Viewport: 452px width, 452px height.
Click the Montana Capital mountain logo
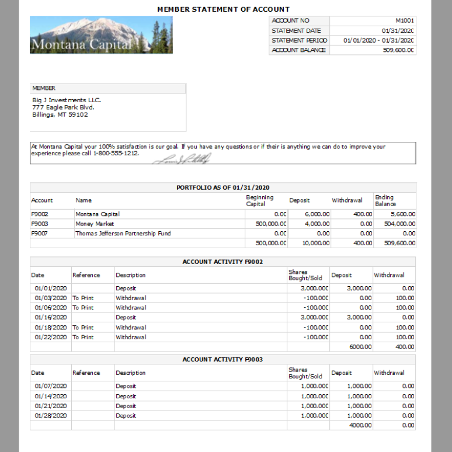pos(101,35)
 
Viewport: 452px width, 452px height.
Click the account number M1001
pos(404,20)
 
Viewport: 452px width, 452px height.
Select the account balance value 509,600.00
pos(399,50)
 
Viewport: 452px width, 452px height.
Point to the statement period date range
pos(378,40)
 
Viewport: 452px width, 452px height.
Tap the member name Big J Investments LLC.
pos(67,100)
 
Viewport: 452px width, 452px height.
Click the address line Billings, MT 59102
pos(60,115)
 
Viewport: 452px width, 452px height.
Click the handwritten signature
pos(180,158)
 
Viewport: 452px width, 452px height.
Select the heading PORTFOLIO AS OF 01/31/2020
pos(223,187)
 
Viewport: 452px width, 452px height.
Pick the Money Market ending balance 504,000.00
pos(399,224)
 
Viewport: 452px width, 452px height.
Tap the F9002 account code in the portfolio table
pos(40,214)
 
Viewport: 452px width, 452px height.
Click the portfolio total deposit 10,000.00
pos(317,244)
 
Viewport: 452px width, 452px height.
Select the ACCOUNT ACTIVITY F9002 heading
pos(223,262)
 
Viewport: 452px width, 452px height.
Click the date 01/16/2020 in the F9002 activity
pos(51,318)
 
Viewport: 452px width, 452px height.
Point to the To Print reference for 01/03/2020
pos(83,298)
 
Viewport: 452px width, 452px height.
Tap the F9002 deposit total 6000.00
pos(360,347)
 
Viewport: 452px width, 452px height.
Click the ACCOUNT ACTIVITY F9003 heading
pos(223,360)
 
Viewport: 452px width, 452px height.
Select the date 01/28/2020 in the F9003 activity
pos(51,416)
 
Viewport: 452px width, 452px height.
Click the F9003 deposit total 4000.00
pos(360,426)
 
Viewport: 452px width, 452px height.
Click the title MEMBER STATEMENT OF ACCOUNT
pos(223,9)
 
